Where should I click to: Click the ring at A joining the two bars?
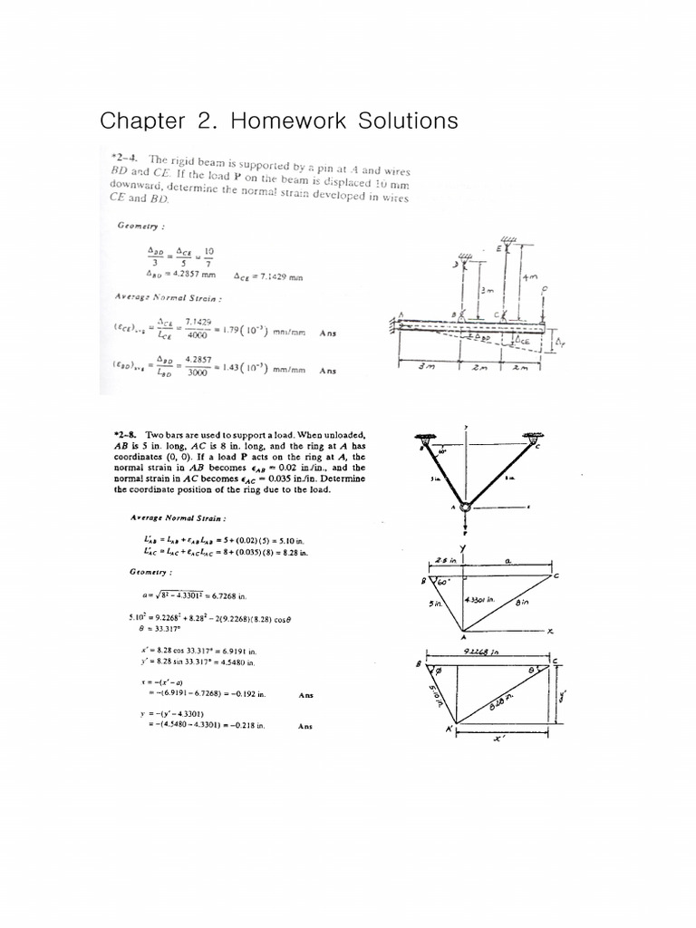coord(465,507)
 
